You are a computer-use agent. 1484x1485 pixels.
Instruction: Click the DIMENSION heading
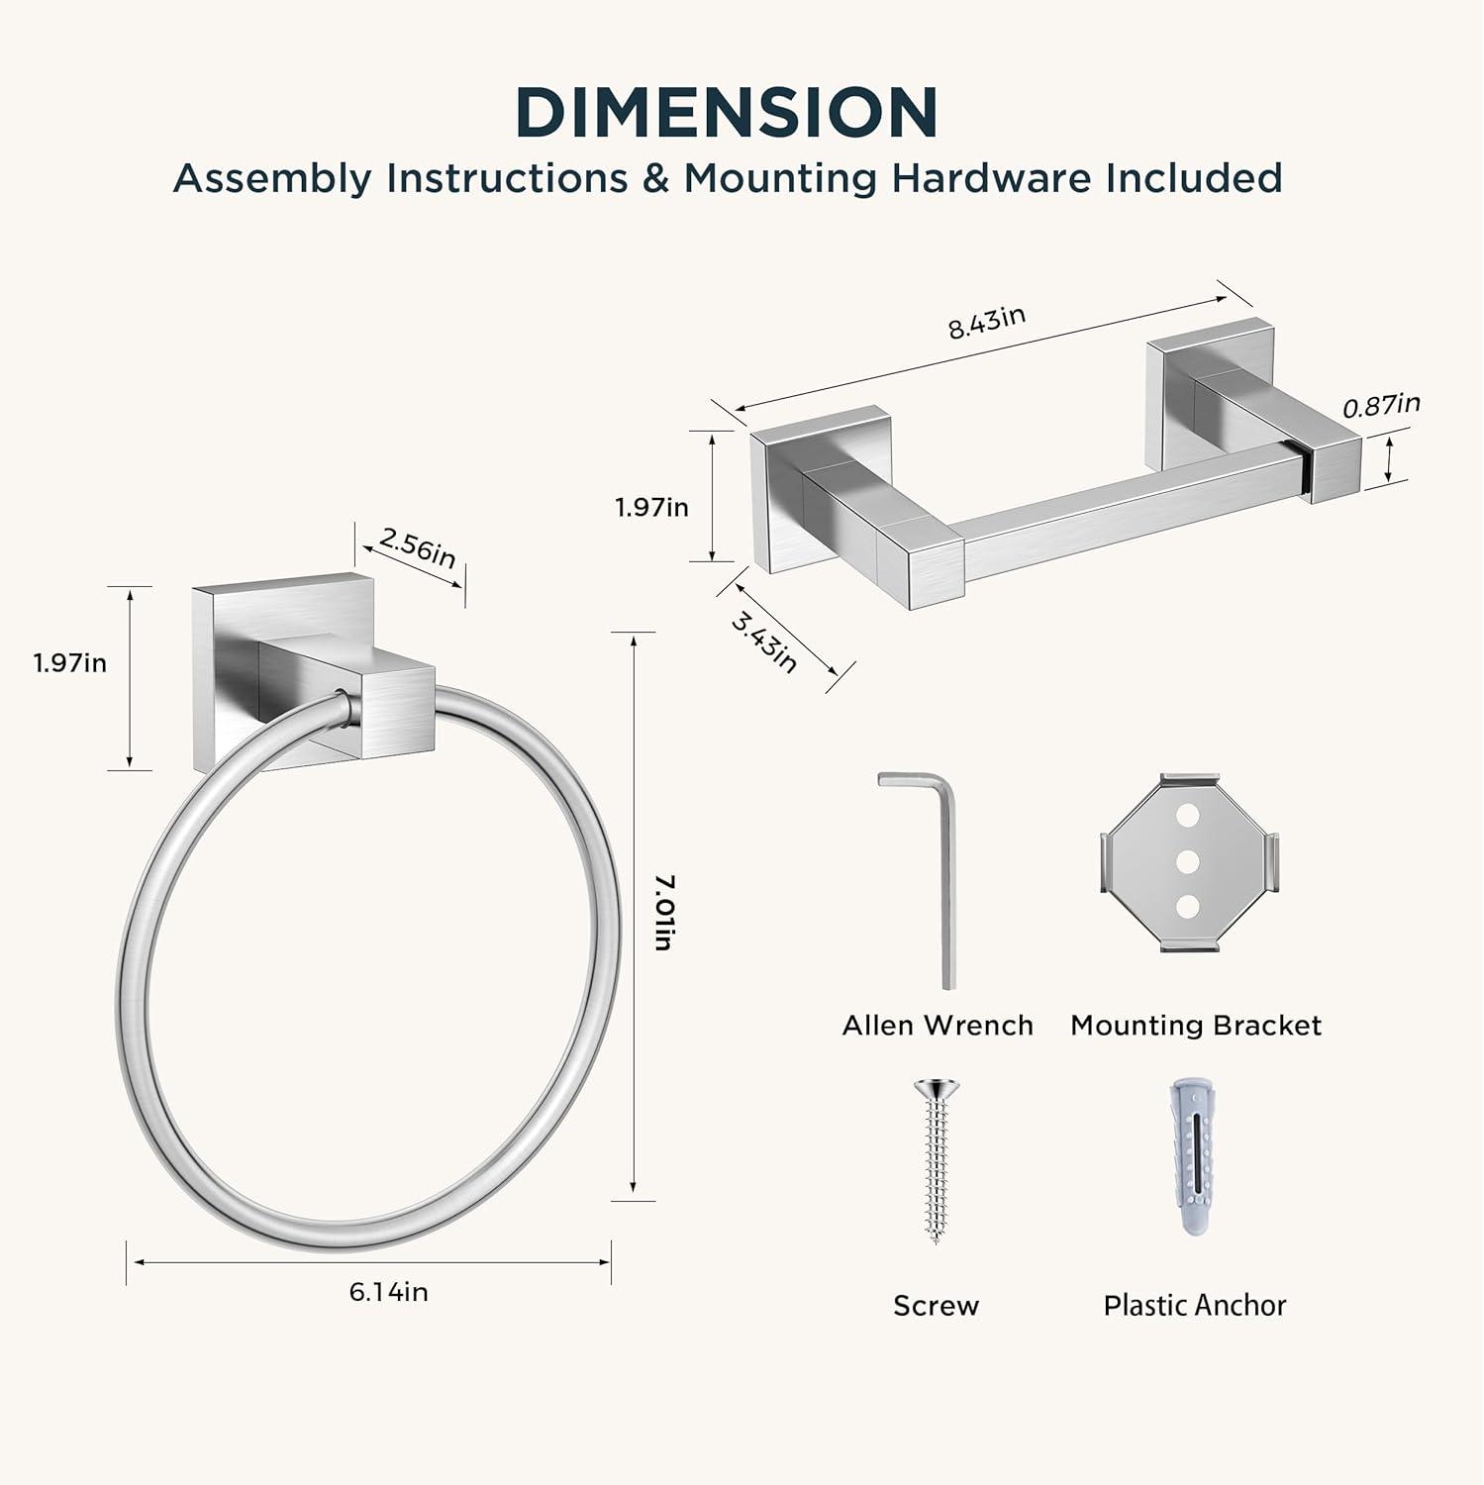(x=727, y=112)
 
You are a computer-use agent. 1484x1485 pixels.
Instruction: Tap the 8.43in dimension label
(x=987, y=322)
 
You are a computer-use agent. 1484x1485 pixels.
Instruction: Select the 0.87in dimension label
(x=1381, y=405)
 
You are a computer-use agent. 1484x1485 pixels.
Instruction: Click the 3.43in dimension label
(x=763, y=641)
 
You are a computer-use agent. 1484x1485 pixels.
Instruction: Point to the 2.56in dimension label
(x=418, y=547)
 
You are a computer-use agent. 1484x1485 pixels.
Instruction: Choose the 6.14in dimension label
(x=388, y=1292)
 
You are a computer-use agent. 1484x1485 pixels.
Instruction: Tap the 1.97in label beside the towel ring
(x=70, y=662)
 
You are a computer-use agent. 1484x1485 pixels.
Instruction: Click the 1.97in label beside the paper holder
(x=651, y=507)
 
